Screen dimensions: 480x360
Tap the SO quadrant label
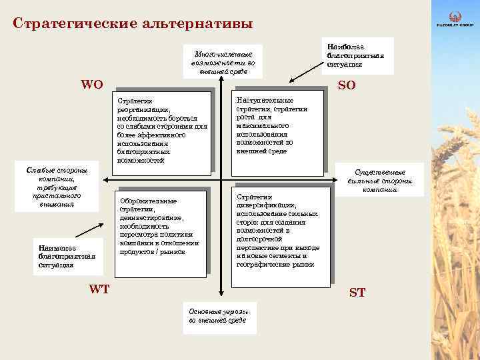point(347,86)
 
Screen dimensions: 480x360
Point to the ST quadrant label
point(357,292)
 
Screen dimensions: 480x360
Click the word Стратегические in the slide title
point(73,23)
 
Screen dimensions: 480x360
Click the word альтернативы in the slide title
point(197,23)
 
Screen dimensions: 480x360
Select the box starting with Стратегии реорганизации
point(163,131)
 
